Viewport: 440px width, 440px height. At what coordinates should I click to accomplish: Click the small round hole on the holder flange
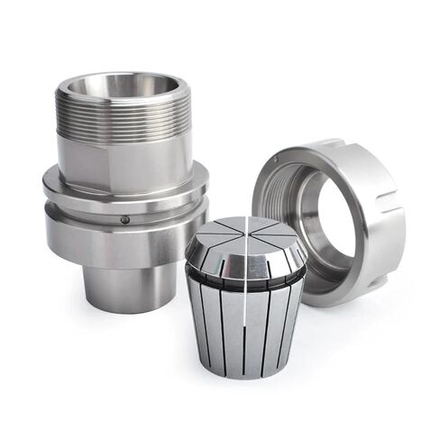125,218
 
